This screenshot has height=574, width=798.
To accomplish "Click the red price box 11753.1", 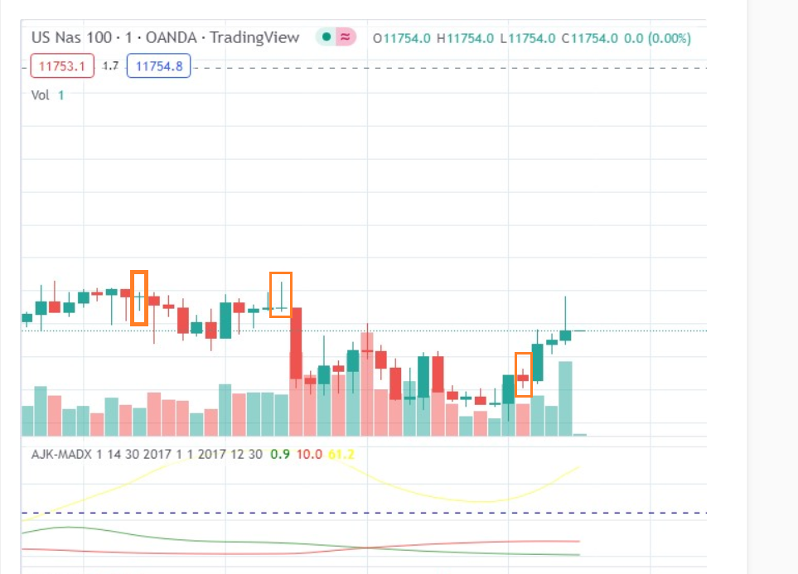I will coord(62,65).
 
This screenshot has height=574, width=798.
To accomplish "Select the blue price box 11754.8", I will coord(158,65).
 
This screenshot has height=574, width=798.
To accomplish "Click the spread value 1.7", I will coord(110,65).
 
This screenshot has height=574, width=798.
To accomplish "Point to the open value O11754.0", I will coord(402,38).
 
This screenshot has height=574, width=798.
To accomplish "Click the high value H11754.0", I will coord(466,38).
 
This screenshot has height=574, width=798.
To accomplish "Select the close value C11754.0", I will coord(590,38).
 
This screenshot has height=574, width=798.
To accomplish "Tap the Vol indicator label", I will coord(41,94).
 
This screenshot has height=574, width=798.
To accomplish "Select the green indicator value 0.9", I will coord(280,454).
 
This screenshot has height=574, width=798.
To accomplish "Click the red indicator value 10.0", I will coord(309,454).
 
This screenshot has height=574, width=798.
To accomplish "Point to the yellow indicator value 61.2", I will coord(341,454).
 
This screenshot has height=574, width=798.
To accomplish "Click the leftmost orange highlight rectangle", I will coord(139,297).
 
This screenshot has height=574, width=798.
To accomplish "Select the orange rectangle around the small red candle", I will coord(523,374).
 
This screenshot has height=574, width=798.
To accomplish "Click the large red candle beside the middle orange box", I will coord(295,343).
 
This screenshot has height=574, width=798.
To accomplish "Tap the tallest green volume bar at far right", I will coord(565,398).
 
